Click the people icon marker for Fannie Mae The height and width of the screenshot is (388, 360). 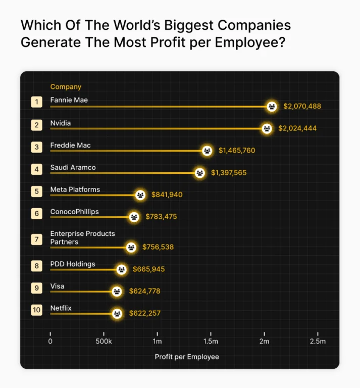click(272, 107)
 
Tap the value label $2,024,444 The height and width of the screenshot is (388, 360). click(297, 128)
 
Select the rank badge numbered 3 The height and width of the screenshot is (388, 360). click(36, 147)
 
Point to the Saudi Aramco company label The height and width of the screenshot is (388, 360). click(73, 167)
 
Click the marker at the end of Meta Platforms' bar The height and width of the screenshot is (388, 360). click(140, 195)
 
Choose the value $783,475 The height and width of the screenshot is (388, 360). click(161, 217)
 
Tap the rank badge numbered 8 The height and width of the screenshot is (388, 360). click(36, 266)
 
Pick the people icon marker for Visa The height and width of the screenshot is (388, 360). click(117, 292)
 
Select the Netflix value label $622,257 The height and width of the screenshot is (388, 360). click(144, 313)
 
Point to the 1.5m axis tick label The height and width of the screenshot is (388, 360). click(211, 342)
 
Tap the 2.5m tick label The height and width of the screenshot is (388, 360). click(318, 342)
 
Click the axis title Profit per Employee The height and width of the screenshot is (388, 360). click(187, 357)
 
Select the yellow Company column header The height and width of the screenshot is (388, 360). click(66, 87)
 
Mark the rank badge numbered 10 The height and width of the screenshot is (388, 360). click(36, 310)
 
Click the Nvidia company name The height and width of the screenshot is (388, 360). click(61, 123)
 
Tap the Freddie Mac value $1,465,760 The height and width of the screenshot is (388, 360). click(237, 151)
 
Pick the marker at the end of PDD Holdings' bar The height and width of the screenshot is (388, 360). click(121, 269)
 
